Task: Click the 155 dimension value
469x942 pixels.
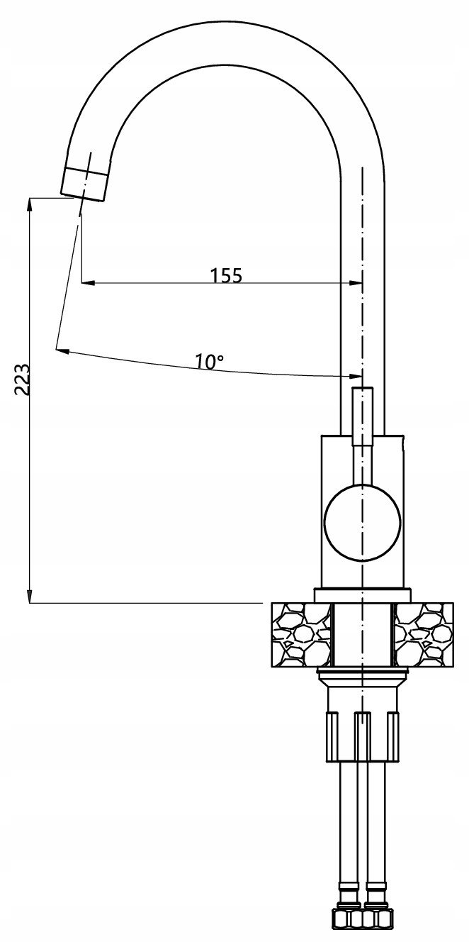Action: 226,275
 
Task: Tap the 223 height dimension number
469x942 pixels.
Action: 22,379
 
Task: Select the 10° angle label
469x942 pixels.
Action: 209,362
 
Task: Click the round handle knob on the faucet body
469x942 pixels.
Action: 362,522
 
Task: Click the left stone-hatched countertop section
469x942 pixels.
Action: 301,635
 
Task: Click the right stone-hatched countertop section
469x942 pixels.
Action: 423,635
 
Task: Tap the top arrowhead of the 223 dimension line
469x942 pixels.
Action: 29,205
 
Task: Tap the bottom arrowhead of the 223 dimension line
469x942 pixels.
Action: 29,596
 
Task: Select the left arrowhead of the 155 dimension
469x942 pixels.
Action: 87,282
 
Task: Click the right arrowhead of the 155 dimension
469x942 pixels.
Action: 355,282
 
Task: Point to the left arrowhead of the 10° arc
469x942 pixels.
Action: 62,350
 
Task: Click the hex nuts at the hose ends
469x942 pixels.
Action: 362,927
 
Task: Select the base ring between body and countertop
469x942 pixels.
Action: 362,595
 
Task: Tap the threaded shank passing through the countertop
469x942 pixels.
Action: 362,635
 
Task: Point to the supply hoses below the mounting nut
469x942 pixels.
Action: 362,841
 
